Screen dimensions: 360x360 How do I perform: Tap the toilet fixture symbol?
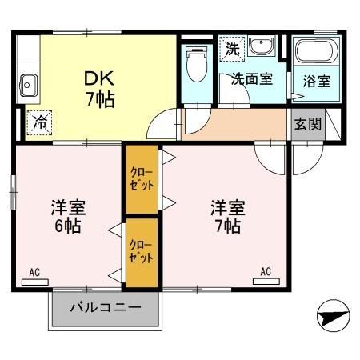point(194,63)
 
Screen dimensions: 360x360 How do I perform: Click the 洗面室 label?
point(253,79)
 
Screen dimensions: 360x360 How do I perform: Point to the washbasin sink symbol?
point(262,47)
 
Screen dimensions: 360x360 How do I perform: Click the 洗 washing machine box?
point(232,47)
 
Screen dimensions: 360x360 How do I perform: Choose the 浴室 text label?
point(316,81)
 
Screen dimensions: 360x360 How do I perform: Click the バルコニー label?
point(106,306)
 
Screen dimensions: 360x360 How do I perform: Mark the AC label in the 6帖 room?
point(35,273)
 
